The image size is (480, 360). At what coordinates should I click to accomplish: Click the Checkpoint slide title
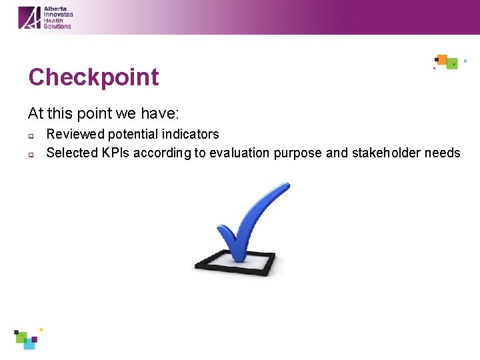click(93, 77)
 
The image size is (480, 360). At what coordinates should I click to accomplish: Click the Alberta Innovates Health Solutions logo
click(45, 17)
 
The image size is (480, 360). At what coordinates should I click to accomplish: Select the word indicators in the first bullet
click(191, 135)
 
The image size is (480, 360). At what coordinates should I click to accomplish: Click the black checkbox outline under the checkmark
click(235, 269)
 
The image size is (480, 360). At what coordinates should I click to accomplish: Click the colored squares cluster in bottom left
click(27, 339)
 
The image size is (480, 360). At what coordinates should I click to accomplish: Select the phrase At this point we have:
click(103, 114)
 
